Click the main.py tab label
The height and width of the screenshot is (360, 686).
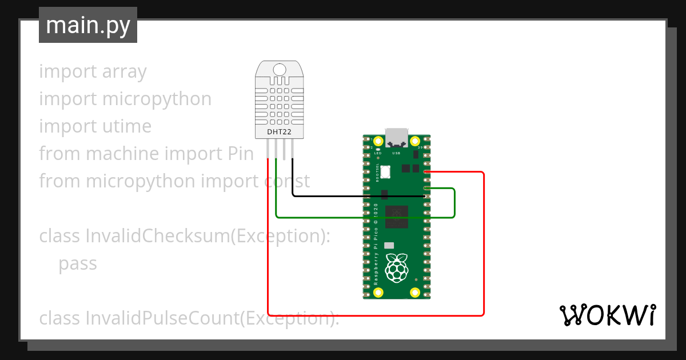tap(88, 25)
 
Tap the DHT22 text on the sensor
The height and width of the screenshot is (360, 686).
tap(279, 132)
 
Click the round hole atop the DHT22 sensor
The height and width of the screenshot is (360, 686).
tap(279, 70)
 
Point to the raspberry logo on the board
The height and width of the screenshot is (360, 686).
tap(396, 268)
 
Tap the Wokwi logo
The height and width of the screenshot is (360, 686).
tap(607, 315)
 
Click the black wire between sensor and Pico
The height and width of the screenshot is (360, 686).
tap(354, 197)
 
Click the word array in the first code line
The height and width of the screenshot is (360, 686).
tap(124, 72)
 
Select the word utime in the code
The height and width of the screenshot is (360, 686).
tap(126, 126)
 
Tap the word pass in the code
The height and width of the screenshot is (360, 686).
tap(78, 263)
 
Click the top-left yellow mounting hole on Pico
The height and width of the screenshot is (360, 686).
tap(378, 141)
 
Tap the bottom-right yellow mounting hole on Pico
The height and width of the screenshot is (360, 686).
tap(415, 293)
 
